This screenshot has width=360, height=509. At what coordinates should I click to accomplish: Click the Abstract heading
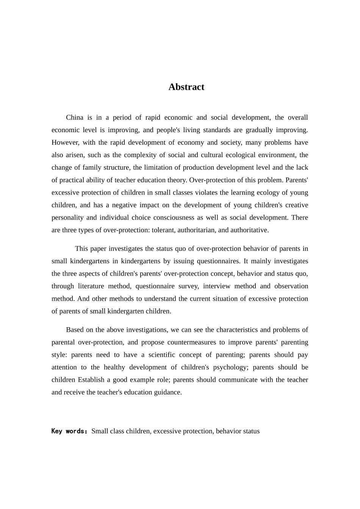pos(186,87)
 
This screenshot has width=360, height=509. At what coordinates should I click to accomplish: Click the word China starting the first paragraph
pos(74,117)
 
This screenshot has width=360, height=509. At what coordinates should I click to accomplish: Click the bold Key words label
pos(69,431)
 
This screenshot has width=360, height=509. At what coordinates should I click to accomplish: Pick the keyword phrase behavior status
pos(238,431)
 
